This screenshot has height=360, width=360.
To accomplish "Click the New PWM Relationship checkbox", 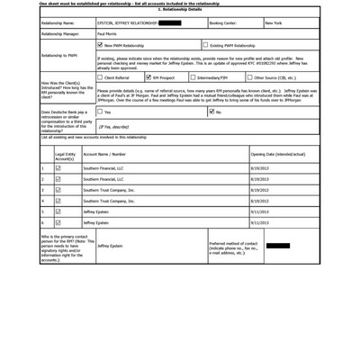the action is (x=100, y=44).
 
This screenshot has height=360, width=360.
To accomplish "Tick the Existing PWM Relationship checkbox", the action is (x=205, y=44).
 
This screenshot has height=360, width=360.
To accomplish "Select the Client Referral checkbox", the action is (x=100, y=77).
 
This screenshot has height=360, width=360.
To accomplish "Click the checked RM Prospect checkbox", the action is (x=148, y=77).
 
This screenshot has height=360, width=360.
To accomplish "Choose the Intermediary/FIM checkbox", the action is (x=198, y=77).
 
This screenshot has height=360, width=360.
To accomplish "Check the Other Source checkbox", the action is (x=250, y=77).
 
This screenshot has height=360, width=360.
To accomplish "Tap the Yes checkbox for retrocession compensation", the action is (x=100, y=112).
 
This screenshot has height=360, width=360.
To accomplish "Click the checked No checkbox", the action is (x=211, y=112).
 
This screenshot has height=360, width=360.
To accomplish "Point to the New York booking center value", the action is (x=274, y=22).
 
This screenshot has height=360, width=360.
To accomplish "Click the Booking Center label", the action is (x=223, y=22).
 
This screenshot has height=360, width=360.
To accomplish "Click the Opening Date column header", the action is (x=278, y=154).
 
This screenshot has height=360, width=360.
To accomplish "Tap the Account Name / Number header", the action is (x=104, y=154).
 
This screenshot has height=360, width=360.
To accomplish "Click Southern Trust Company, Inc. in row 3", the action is (x=109, y=190).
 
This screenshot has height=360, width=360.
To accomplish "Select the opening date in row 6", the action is (x=259, y=222).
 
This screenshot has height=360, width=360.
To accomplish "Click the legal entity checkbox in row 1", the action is (x=58, y=168).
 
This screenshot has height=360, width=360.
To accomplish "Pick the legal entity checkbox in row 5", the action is (x=58, y=211).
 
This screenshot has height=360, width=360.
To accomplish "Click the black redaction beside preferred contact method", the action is (x=278, y=245).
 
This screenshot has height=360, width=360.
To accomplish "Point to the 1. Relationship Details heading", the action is (x=179, y=9).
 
